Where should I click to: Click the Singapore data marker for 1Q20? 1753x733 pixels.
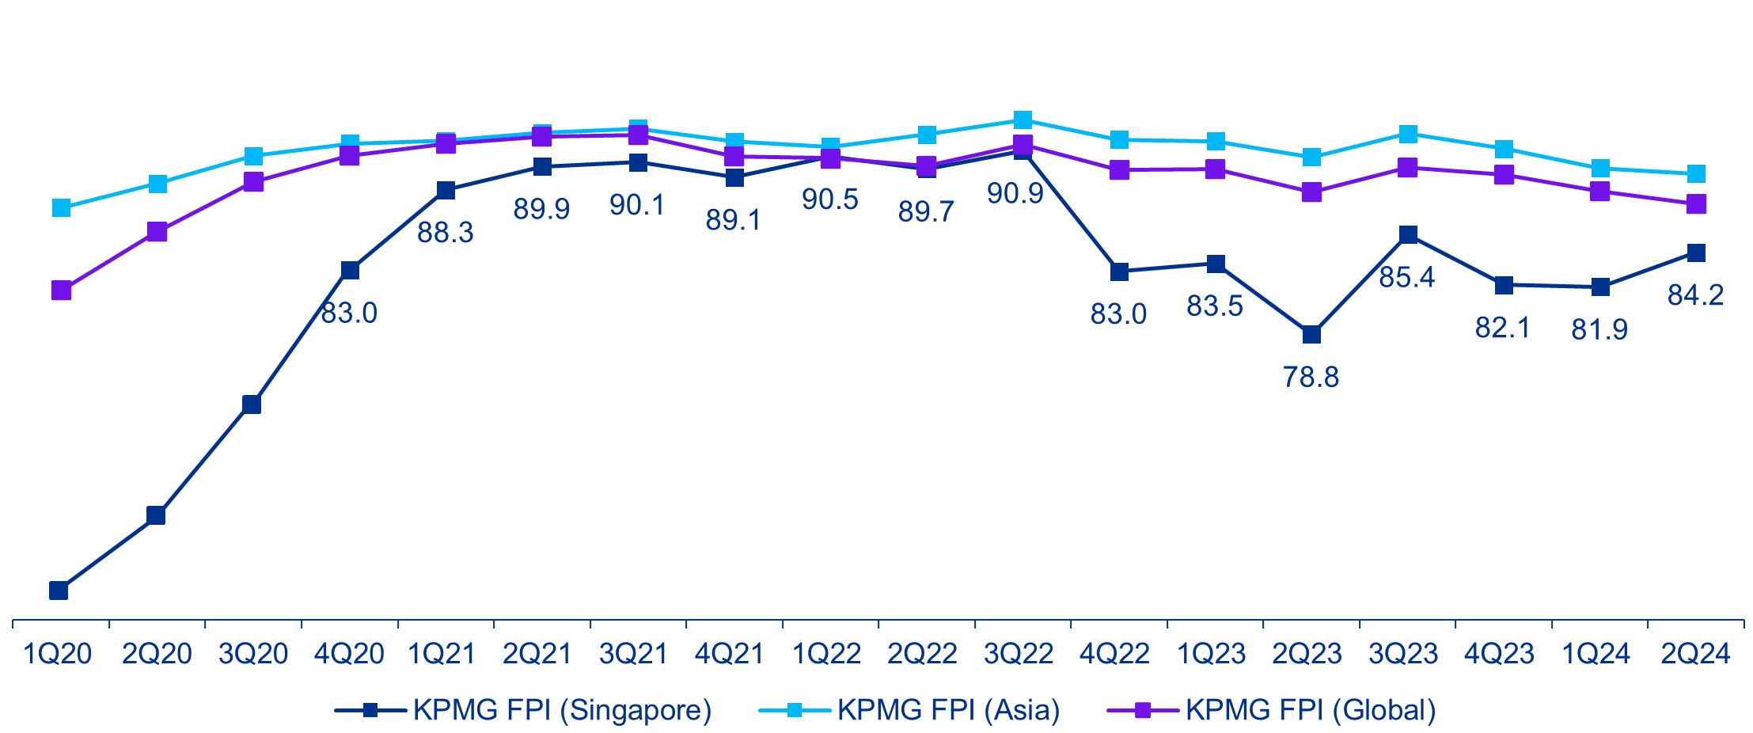click(x=59, y=591)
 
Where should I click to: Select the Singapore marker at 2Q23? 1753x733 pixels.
click(x=1311, y=334)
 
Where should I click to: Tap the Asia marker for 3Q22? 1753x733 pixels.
click(x=1023, y=120)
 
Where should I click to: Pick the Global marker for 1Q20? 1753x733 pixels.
click(x=61, y=291)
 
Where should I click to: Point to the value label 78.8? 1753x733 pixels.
click(x=1311, y=377)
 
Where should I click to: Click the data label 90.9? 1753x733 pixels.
click(x=1015, y=193)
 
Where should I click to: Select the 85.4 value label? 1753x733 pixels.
click(x=1406, y=277)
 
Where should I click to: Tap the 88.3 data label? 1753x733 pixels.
click(x=445, y=232)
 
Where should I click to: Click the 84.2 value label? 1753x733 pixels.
click(x=1695, y=295)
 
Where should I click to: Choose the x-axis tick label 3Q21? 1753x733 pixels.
click(x=634, y=654)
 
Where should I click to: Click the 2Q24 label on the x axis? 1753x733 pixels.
click(x=1695, y=654)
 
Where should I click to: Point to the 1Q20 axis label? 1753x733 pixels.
click(x=57, y=654)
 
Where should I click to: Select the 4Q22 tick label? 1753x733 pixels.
click(x=1114, y=654)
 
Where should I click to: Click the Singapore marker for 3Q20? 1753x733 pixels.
click(x=252, y=404)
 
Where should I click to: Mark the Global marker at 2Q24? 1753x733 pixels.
click(x=1696, y=204)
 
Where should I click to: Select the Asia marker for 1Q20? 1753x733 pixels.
click(x=61, y=208)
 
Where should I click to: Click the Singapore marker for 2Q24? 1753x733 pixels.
click(x=1696, y=253)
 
